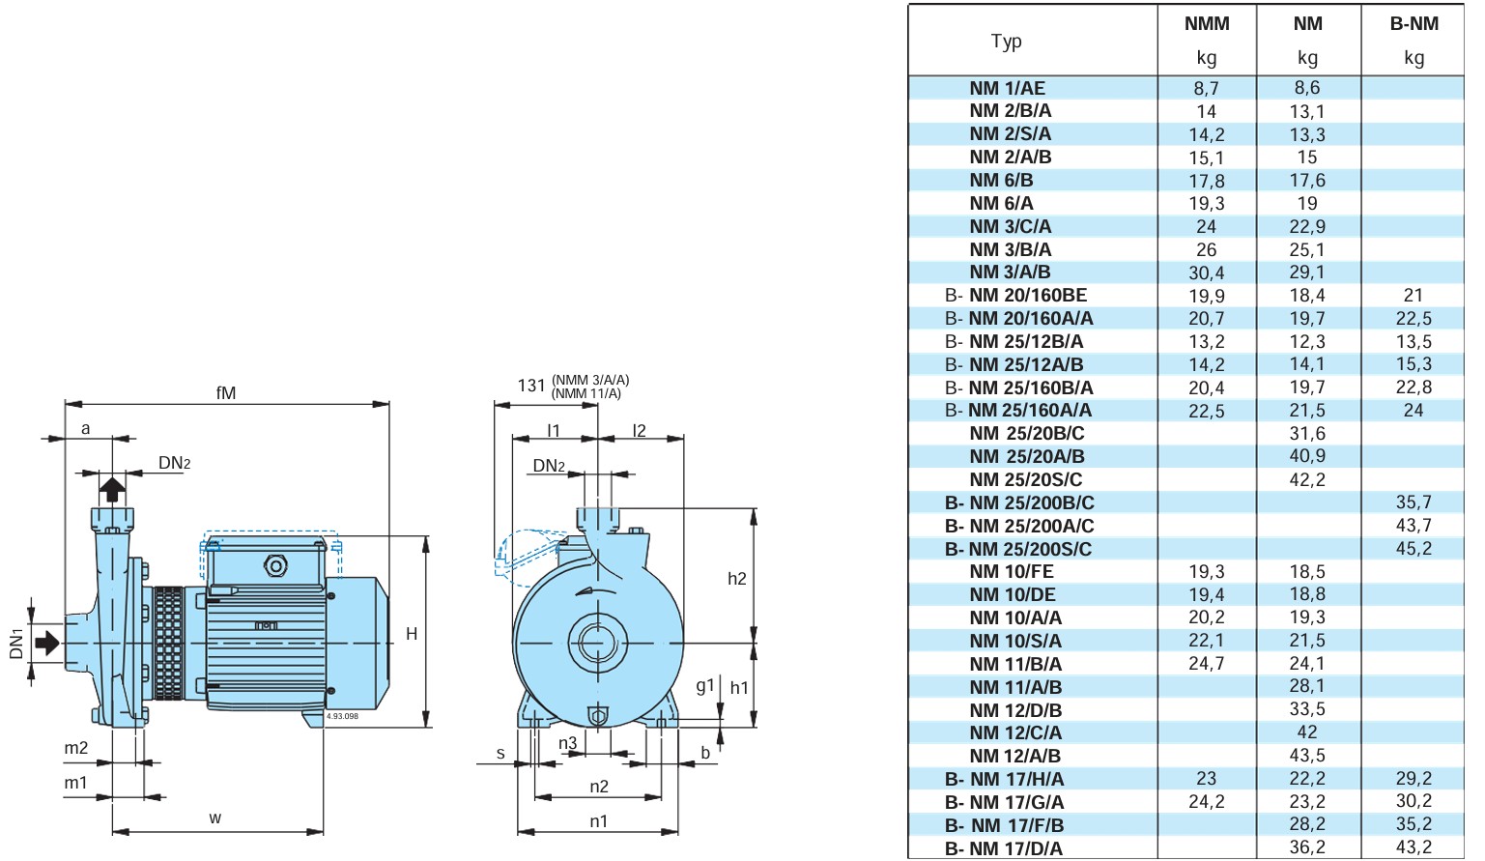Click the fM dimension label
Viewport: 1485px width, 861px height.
click(x=226, y=393)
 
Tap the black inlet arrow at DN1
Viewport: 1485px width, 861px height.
click(x=47, y=643)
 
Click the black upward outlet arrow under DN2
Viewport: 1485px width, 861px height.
click(x=112, y=489)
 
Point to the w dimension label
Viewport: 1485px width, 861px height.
click(x=214, y=818)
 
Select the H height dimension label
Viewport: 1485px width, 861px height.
click(x=412, y=634)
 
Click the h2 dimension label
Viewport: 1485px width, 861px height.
click(x=736, y=579)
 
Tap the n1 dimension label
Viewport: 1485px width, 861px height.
click(x=599, y=821)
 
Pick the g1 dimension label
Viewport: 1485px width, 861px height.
click(x=705, y=686)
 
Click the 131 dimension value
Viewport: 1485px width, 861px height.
click(x=531, y=386)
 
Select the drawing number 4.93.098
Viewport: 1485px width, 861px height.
click(x=342, y=716)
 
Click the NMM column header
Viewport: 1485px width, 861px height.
click(x=1207, y=24)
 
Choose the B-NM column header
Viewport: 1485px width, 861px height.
click(x=1414, y=24)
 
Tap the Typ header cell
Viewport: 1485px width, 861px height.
click(x=1007, y=42)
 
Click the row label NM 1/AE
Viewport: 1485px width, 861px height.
click(x=1007, y=88)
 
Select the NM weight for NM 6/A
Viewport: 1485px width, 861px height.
click(x=1307, y=203)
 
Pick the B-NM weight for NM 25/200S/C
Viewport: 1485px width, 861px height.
click(x=1414, y=548)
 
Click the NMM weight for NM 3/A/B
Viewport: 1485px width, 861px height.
click(x=1207, y=273)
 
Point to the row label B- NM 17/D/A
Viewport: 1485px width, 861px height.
click(x=1004, y=848)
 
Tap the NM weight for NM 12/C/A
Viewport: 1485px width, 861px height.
click(x=1307, y=732)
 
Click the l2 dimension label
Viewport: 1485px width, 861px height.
click(x=639, y=431)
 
